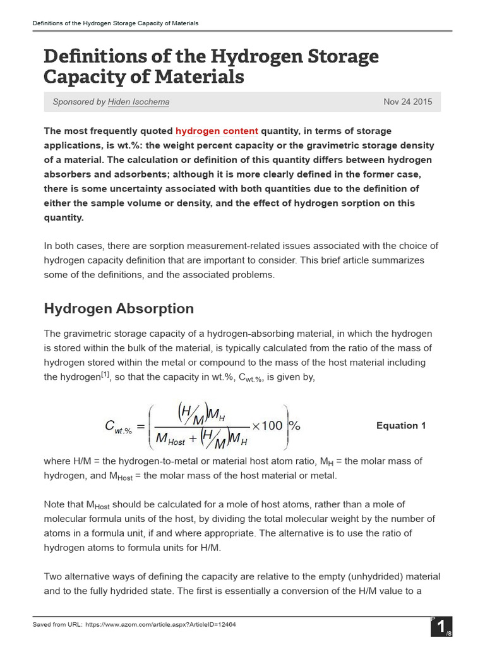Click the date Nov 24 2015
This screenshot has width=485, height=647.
coord(408,102)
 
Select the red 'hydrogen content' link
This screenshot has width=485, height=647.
coord(217,131)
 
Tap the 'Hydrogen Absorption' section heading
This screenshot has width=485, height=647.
coord(119,308)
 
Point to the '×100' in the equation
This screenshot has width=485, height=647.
coord(267,425)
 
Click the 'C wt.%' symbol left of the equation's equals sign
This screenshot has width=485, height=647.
coord(118,428)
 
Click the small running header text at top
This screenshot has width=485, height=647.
coord(116,23)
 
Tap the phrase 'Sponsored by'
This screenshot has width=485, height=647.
coord(79,102)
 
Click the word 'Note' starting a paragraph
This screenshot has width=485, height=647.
coord(54,504)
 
